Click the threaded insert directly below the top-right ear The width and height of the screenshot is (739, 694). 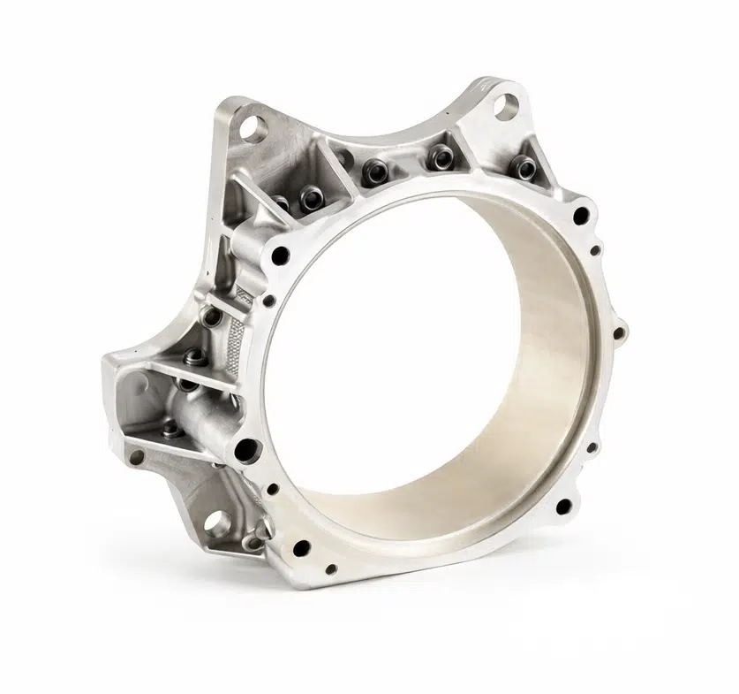click(x=524, y=165)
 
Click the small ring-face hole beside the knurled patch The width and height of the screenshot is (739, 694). click(x=269, y=301)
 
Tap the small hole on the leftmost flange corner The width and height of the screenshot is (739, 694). click(x=136, y=457)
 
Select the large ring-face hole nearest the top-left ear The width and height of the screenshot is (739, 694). click(x=282, y=256)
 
